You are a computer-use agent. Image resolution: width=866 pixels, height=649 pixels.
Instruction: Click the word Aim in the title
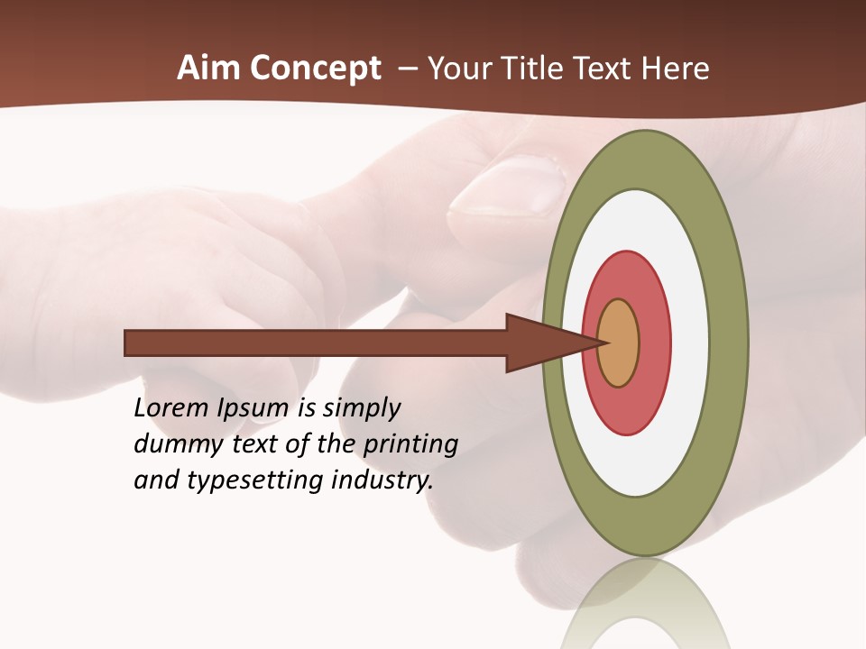click(207, 69)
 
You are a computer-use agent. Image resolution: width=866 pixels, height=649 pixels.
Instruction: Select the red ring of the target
click(654, 343)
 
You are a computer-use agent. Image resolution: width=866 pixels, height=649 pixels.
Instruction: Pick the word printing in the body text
click(410, 445)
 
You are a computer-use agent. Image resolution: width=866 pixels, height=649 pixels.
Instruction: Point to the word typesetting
click(255, 481)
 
